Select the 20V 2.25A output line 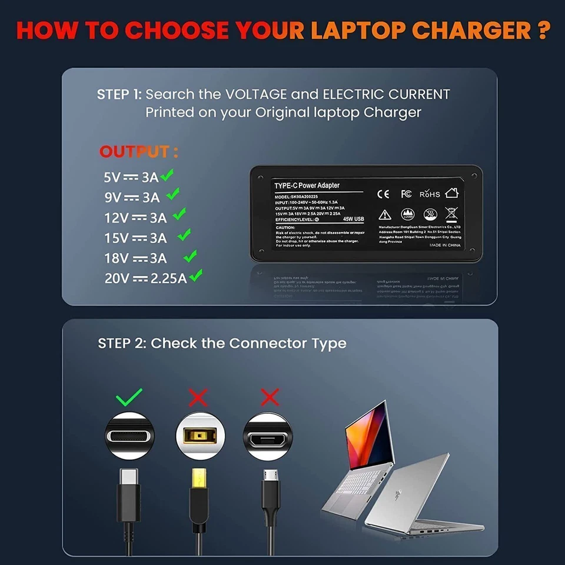point(145,278)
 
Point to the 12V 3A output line point(135,218)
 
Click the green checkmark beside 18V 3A point(190,256)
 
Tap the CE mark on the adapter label point(383,193)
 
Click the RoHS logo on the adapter point(430,194)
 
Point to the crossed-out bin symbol point(451,214)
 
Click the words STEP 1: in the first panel point(119,94)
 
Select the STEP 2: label point(122,344)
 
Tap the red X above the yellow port point(198,398)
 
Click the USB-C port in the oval point(129,436)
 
